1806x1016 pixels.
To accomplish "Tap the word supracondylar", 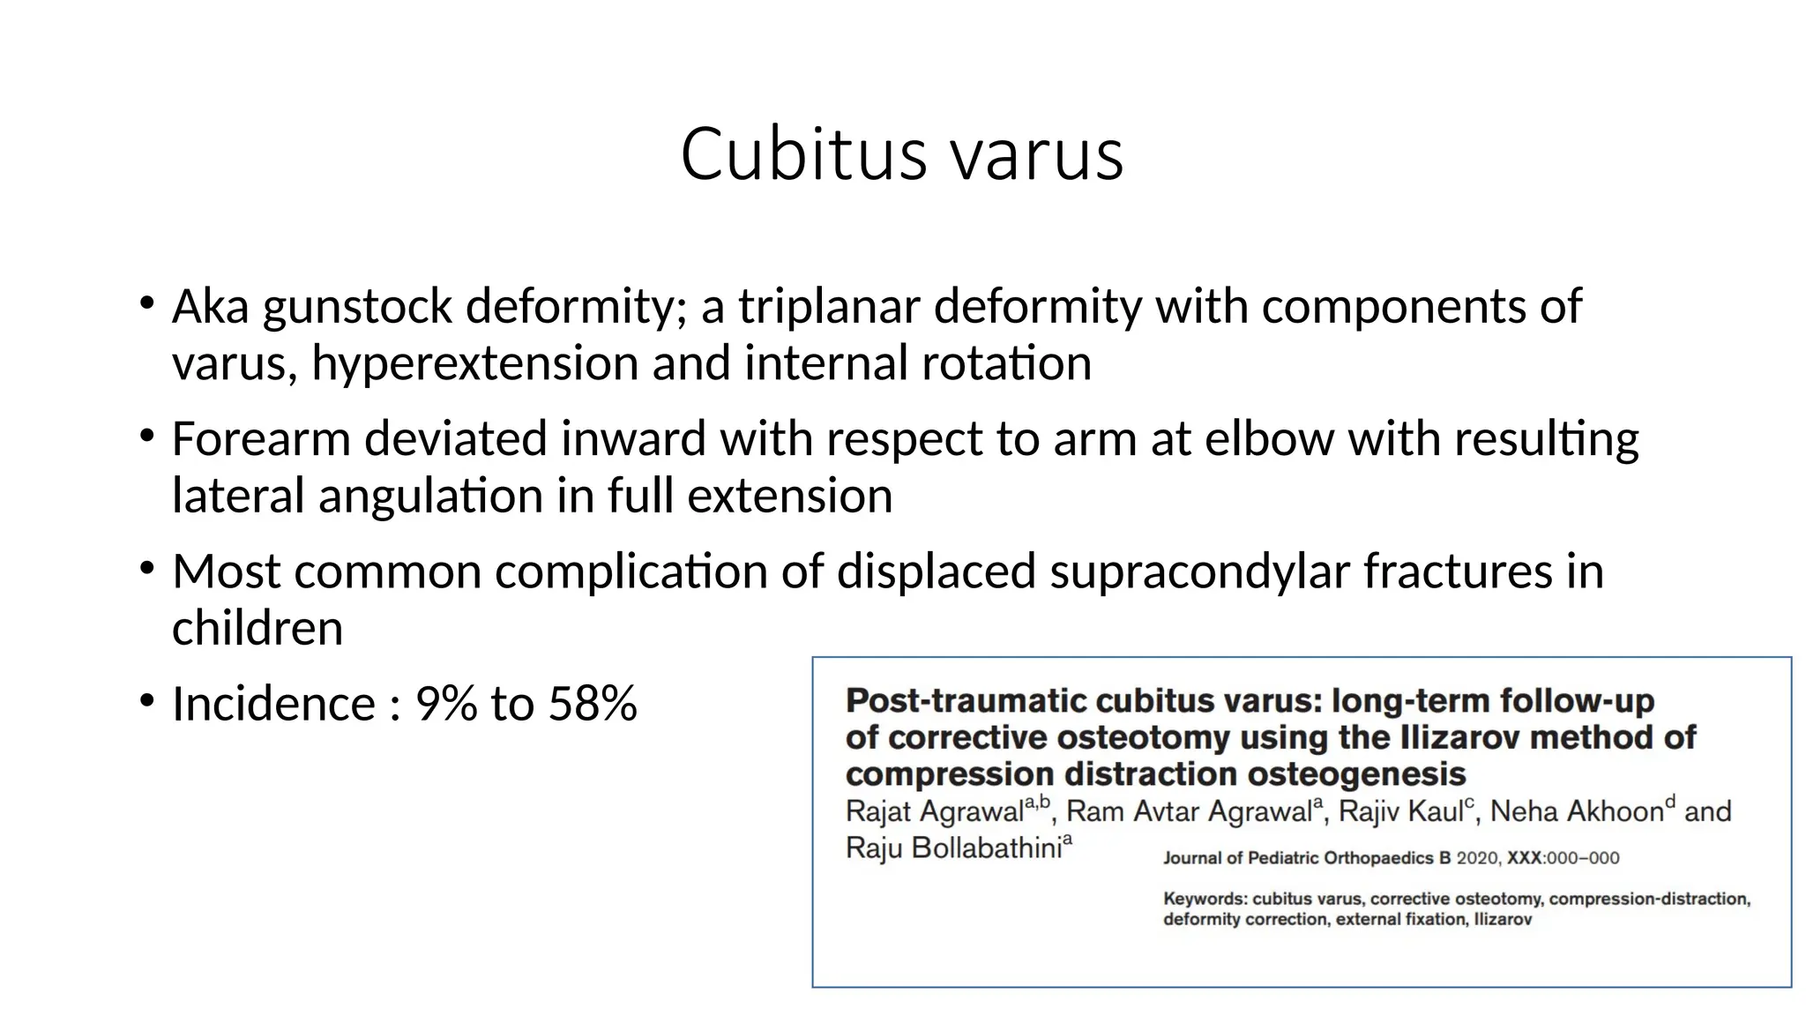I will pos(1199,571).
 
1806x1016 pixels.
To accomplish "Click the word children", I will pos(257,629).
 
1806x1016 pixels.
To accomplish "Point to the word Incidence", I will pos(273,704).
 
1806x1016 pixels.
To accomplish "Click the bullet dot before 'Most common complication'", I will pos(147,568).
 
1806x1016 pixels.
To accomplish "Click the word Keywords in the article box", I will pos(1205,900).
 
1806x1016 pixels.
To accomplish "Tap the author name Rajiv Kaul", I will pos(1400,811).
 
